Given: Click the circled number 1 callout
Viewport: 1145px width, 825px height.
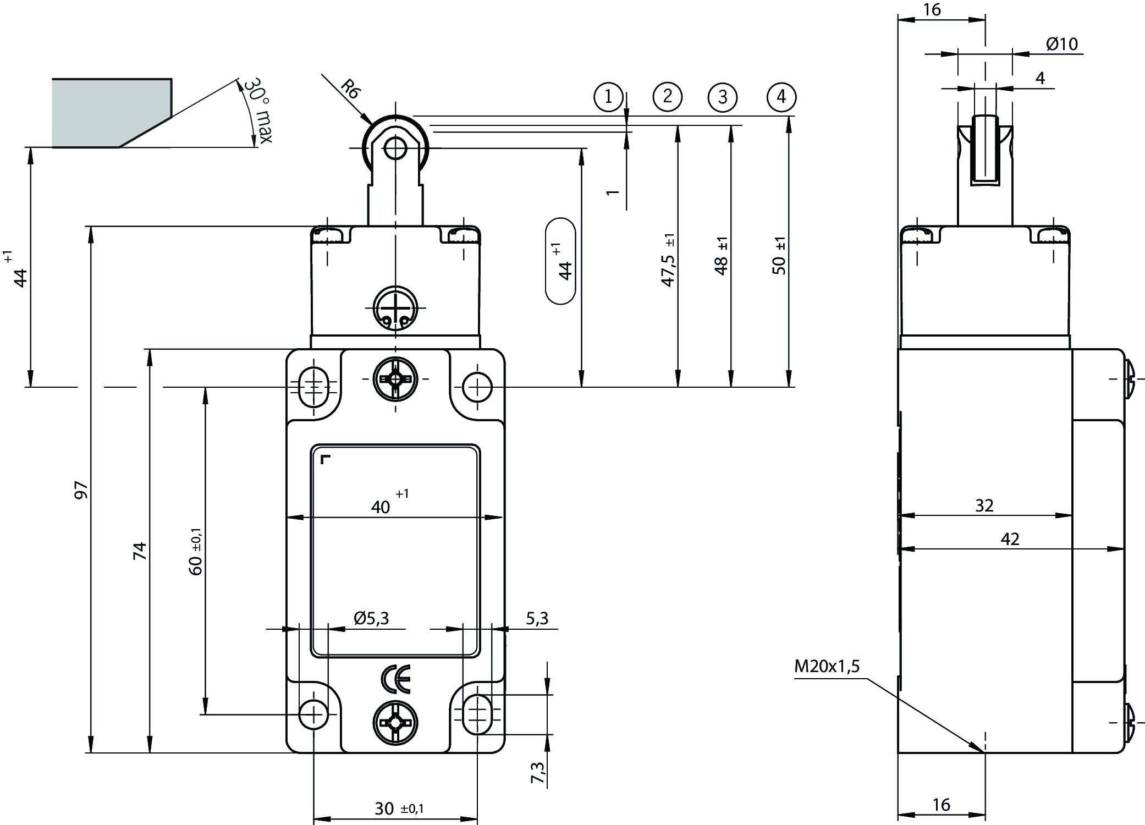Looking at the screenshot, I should (x=608, y=97).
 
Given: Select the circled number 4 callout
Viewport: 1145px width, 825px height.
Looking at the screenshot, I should (x=781, y=97).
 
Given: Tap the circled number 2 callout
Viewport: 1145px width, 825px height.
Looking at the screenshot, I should (x=667, y=97).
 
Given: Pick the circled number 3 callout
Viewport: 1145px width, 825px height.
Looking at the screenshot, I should (x=723, y=97).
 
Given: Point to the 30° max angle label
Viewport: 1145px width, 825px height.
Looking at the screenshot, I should (x=257, y=110).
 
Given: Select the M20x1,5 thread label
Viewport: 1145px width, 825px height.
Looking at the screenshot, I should (x=826, y=667).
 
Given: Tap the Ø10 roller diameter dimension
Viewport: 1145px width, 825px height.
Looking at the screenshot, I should (x=1061, y=44).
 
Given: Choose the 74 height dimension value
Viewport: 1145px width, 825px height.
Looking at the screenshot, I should (x=141, y=551).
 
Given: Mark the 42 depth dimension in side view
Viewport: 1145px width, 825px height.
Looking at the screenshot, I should (x=1010, y=539).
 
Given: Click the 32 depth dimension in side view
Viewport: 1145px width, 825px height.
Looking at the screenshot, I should (x=984, y=505).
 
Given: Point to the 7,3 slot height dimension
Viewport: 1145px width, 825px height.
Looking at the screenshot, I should (x=538, y=772).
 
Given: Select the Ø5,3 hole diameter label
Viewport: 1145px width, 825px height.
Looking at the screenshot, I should (x=371, y=619).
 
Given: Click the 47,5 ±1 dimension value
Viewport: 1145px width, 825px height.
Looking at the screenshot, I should (x=668, y=261).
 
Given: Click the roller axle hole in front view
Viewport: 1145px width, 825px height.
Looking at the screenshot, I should (x=395, y=148).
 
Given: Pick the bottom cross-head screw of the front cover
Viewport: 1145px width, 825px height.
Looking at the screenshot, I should (x=395, y=724).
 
